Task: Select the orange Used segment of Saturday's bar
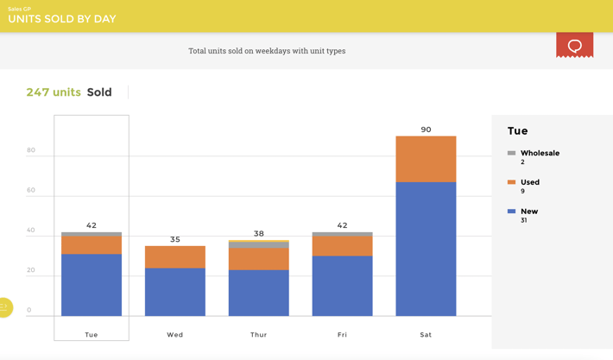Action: (426, 159)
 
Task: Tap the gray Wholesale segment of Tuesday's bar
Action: (92, 234)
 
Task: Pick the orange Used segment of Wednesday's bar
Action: (175, 257)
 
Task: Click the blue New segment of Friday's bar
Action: (342, 286)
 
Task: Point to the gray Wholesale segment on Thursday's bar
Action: (259, 245)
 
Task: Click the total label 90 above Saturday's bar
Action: (426, 129)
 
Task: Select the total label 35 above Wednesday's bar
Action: (175, 239)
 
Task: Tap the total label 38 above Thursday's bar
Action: (259, 233)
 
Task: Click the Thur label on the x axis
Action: (259, 334)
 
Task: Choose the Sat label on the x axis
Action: (426, 334)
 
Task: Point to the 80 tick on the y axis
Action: (31, 150)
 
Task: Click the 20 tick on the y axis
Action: (31, 270)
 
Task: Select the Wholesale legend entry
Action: (540, 153)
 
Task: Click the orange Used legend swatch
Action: (512, 182)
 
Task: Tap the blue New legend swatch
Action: (512, 212)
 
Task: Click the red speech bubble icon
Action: (574, 45)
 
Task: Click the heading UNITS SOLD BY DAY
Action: (62, 19)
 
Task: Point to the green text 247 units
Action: (54, 92)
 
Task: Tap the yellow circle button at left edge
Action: (4, 306)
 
